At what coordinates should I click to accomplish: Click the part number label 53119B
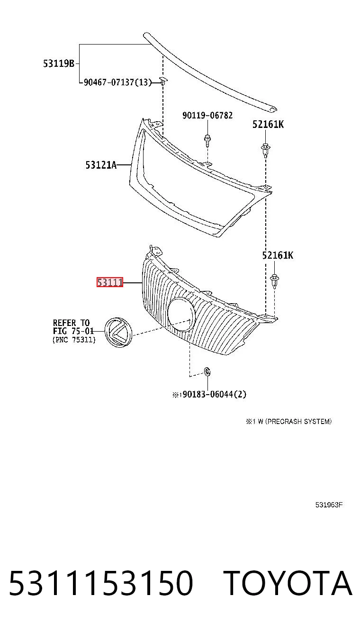click(59, 63)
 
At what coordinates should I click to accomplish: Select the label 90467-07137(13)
click(117, 82)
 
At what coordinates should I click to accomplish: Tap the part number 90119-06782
click(207, 116)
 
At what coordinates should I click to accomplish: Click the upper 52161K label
click(268, 124)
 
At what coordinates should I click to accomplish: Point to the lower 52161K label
click(278, 255)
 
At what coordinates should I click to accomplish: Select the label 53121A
click(101, 165)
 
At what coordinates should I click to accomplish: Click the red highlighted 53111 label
click(110, 282)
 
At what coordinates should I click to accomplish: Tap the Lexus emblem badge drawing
click(119, 332)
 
